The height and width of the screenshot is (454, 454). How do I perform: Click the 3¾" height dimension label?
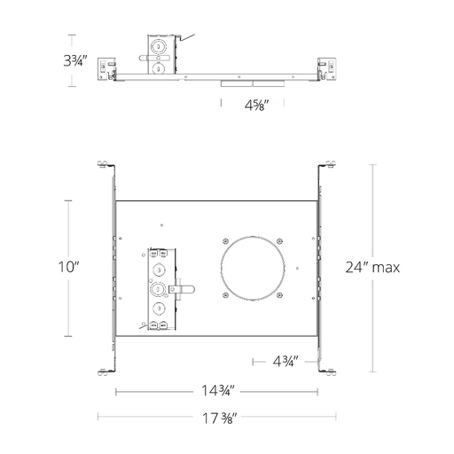tap(75, 60)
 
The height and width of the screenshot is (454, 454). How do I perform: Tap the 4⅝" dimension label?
tap(256, 105)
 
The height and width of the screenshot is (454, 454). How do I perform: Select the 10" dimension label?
tap(69, 267)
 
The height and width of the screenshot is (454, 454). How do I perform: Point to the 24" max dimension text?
tap(372, 268)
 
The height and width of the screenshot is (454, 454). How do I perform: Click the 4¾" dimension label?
tap(286, 361)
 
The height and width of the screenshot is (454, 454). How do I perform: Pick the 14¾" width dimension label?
tap(217, 390)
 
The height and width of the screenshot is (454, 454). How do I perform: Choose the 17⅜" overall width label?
tap(219, 419)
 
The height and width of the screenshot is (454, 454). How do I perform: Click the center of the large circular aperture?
tap(253, 268)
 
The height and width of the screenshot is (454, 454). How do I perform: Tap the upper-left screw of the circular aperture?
tap(225, 241)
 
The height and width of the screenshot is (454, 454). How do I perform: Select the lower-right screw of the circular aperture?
tap(279, 295)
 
